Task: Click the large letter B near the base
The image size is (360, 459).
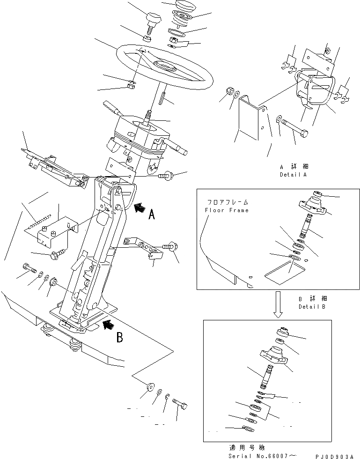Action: [x=119, y=337]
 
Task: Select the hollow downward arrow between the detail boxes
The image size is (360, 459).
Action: [x=279, y=301]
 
